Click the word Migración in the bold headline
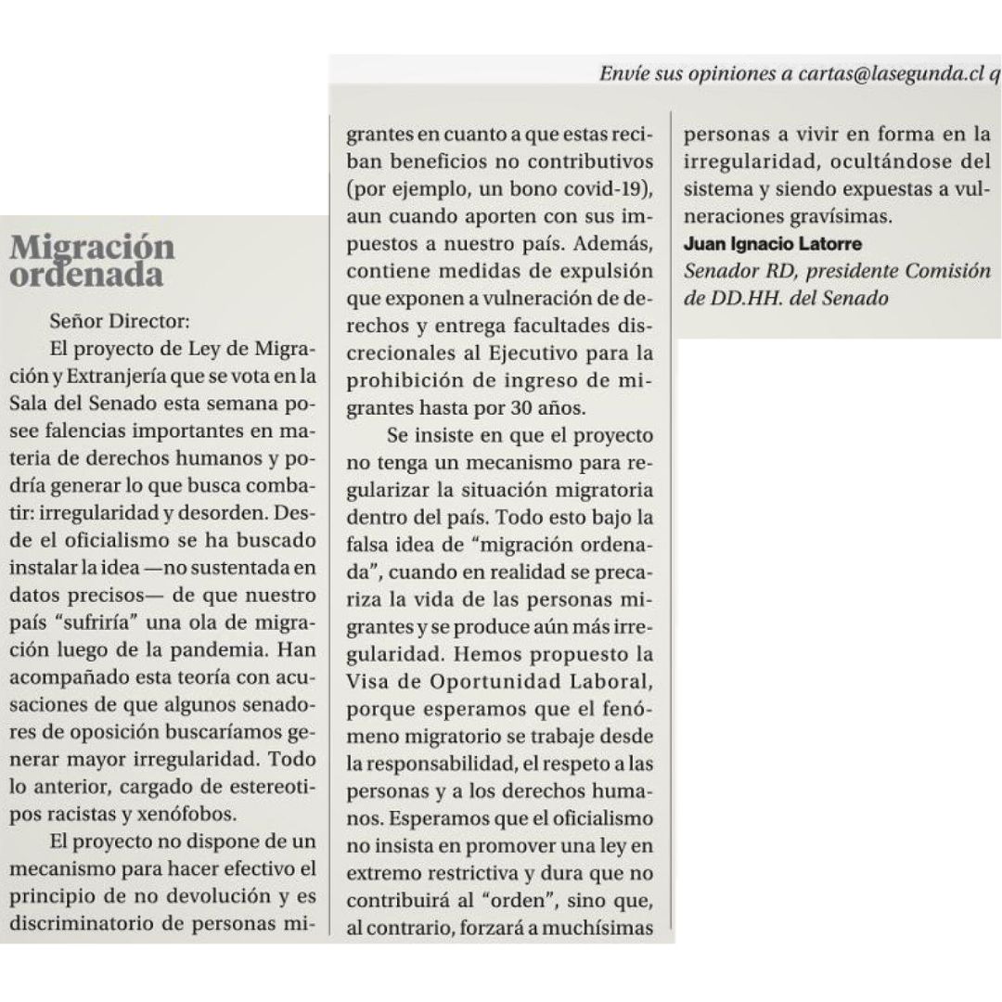pyautogui.click(x=92, y=248)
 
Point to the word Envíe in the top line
pyautogui.click(x=624, y=76)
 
